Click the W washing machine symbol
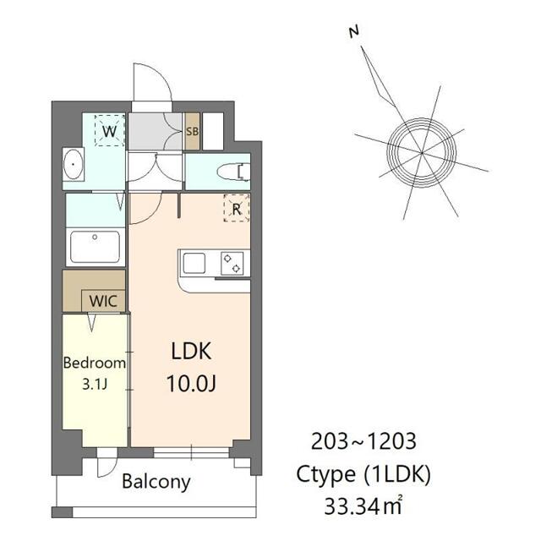point(109,131)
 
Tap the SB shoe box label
point(192,132)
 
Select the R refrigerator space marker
point(237,208)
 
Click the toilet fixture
point(233,172)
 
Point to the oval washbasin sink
point(73,164)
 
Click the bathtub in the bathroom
point(95,247)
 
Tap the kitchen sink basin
point(194,263)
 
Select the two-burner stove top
point(232,263)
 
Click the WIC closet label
point(103,301)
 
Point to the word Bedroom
point(94,363)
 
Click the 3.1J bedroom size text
point(95,384)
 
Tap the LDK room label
point(191,352)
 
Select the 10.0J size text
point(191,384)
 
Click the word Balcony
point(156,482)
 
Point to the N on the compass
point(353,32)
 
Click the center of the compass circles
point(422,152)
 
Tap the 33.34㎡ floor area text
point(363,506)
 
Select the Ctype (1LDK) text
point(363,474)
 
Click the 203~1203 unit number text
point(363,441)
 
